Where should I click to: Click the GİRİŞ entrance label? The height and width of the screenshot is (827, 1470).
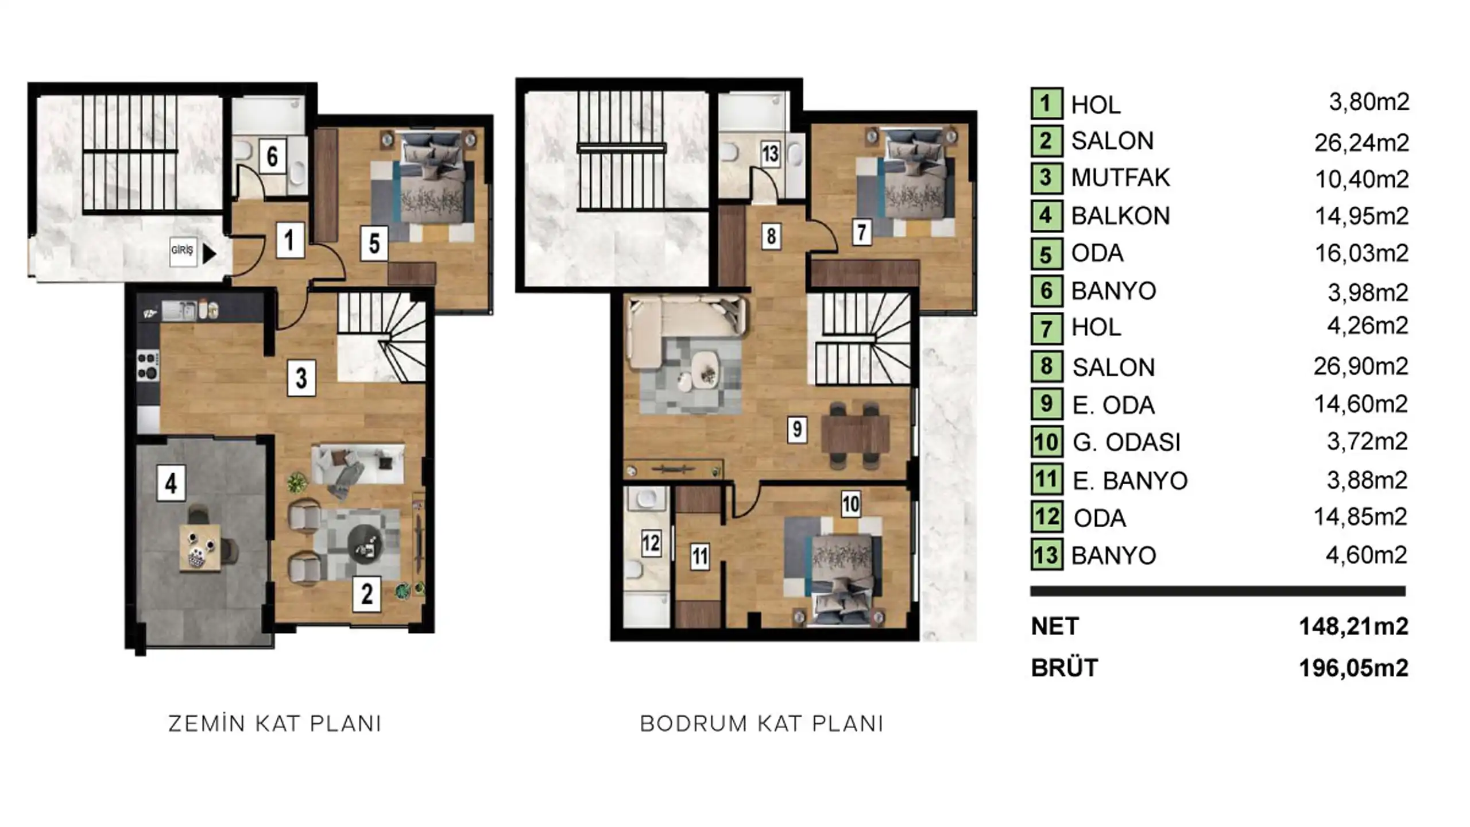(182, 250)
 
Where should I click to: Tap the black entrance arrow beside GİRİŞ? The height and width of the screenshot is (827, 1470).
(209, 253)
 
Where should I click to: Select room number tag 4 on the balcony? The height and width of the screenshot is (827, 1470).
(171, 483)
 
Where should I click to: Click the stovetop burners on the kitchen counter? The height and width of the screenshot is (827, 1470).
(147, 366)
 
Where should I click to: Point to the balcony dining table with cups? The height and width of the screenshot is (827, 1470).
(199, 547)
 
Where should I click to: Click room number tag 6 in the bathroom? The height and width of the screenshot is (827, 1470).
(272, 156)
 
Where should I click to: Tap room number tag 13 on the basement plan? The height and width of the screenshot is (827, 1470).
(770, 153)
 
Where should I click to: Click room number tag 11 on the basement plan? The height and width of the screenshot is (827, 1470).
(700, 557)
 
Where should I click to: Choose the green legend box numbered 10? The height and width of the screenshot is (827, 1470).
(1046, 442)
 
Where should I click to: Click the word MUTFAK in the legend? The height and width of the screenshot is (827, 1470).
(1120, 178)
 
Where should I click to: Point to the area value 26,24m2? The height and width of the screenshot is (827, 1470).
(1361, 142)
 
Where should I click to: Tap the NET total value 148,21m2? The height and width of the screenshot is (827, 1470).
(1353, 627)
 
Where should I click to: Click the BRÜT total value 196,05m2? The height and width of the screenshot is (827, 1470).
(1353, 668)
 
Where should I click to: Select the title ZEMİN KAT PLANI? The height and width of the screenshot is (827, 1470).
(275, 724)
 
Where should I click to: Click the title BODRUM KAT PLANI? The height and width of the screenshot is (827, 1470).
(762, 724)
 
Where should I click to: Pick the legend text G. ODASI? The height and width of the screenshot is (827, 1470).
(1126, 443)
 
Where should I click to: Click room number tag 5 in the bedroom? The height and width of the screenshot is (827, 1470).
(374, 243)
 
